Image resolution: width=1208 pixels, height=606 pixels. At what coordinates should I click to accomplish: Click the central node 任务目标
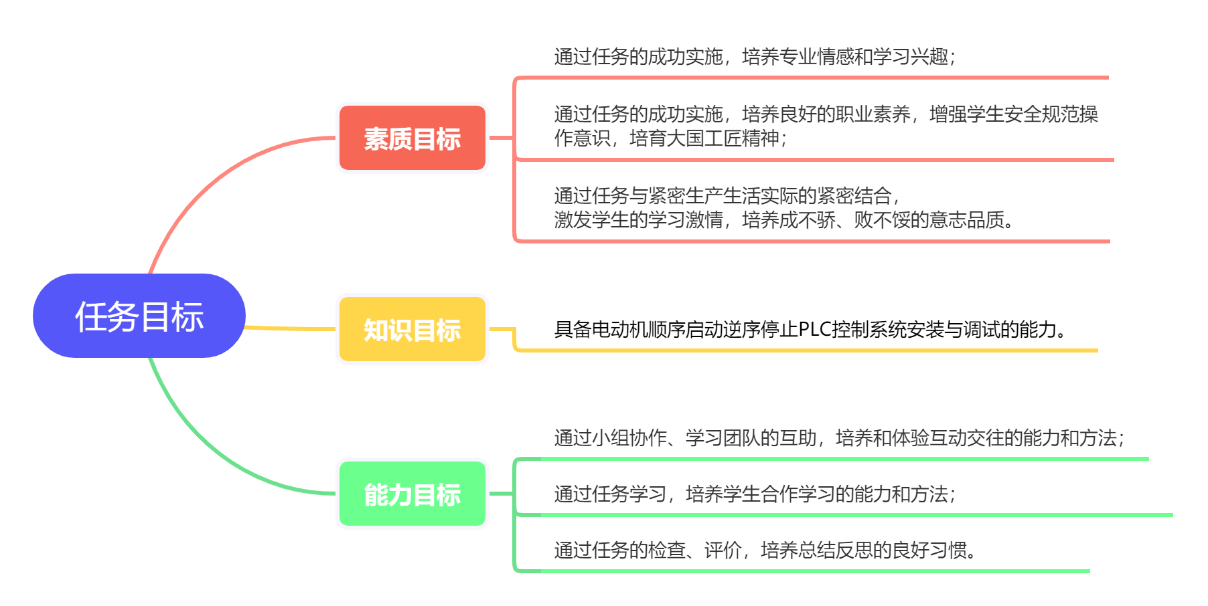[139, 316]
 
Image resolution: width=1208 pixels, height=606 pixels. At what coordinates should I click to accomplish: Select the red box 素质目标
[412, 138]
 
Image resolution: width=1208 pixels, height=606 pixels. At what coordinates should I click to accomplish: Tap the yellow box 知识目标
[412, 329]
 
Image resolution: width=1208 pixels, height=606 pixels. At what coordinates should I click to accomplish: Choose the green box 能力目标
[412, 494]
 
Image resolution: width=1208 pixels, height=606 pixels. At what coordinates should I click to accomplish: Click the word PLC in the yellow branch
[815, 329]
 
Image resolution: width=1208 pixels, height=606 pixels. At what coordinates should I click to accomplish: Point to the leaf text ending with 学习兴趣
[755, 56]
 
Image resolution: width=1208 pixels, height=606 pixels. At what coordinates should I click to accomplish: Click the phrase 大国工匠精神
[723, 138]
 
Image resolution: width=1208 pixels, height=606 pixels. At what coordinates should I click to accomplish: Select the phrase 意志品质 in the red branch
[967, 219]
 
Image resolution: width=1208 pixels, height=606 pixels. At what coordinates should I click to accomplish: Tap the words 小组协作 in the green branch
[629, 437]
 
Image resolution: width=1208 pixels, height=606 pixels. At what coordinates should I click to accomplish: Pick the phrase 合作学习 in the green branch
[798, 494]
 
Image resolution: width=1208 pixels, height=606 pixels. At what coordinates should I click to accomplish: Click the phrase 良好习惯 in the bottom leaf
[929, 550]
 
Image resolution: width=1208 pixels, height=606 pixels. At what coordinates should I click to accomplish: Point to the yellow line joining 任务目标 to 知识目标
[291, 328]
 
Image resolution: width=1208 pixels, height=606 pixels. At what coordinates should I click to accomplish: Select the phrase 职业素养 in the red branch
[873, 114]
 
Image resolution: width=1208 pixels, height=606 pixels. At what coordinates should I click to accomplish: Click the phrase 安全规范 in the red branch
[1042, 114]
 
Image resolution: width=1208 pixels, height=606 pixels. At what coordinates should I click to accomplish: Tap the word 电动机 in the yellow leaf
[620, 329]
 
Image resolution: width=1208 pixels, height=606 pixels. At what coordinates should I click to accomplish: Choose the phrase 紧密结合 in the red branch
[854, 195]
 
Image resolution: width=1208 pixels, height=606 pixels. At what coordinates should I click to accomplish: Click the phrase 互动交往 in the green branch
[967, 437]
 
